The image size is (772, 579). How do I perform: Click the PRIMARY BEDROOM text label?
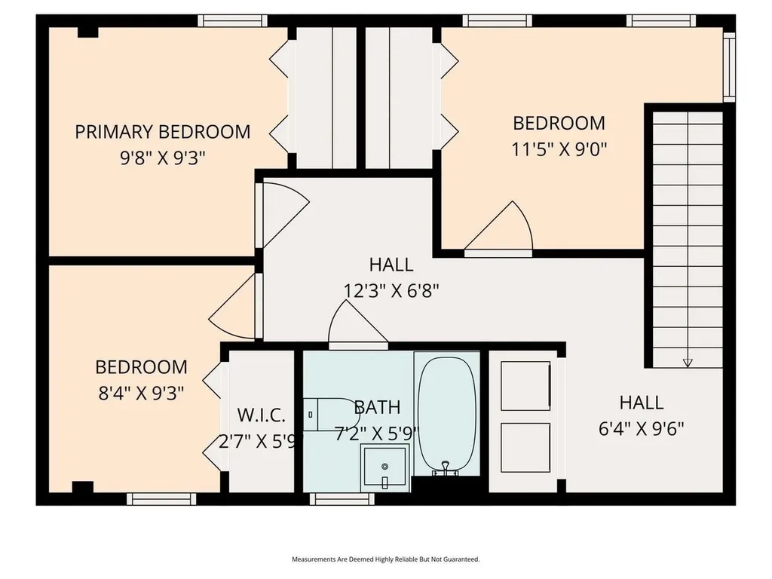pyautogui.click(x=162, y=131)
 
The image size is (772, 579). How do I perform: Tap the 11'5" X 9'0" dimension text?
pyautogui.click(x=559, y=149)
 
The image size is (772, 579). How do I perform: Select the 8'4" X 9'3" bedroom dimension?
pyautogui.click(x=140, y=393)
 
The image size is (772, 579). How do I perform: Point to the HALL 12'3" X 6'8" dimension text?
pyautogui.click(x=391, y=290)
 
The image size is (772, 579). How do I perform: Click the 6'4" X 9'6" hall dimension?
pyautogui.click(x=641, y=428)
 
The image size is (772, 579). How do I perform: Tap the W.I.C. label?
pyautogui.click(x=261, y=415)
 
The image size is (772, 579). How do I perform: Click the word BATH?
pyautogui.click(x=377, y=408)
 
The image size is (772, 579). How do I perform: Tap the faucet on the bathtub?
pyautogui.click(x=446, y=469)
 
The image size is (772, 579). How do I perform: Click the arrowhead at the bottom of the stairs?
pyautogui.click(x=687, y=363)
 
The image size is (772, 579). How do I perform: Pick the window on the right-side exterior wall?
pyautogui.click(x=728, y=67)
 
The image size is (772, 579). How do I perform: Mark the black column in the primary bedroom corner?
pyautogui.click(x=88, y=31)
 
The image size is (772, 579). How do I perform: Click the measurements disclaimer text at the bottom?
pyautogui.click(x=385, y=559)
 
